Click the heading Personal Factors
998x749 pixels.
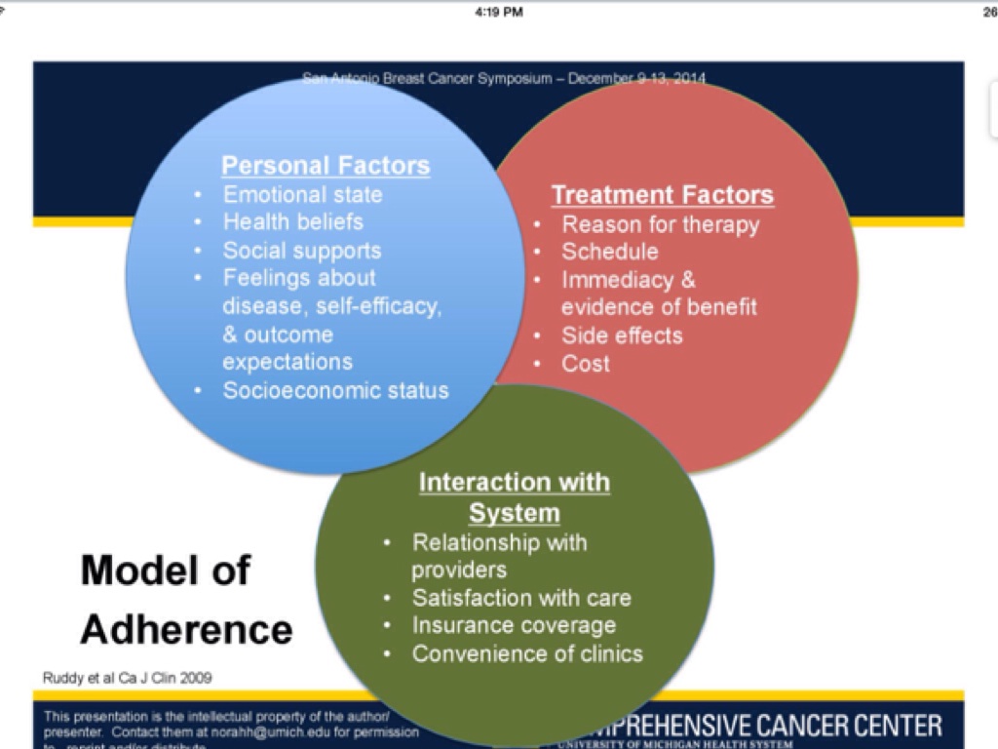tap(326, 165)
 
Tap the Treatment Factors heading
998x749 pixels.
tap(663, 195)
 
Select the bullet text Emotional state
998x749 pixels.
tap(303, 194)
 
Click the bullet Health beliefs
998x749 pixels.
tap(293, 222)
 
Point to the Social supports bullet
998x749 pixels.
tap(302, 251)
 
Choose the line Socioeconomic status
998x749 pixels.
tap(336, 390)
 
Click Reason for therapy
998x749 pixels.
tap(660, 224)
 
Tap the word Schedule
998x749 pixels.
tap(610, 252)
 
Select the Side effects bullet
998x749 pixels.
tap(622, 335)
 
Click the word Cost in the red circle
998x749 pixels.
tap(586, 364)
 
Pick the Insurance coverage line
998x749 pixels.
tap(514, 625)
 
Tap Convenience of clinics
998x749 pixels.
tap(527, 653)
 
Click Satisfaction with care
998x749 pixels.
tap(521, 598)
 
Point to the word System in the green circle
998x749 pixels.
tap(515, 513)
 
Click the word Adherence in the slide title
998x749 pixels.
tap(186, 629)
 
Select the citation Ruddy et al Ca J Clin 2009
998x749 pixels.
tap(128, 678)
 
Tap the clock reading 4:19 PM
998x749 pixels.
tap(499, 12)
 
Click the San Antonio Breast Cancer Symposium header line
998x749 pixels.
tap(504, 78)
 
